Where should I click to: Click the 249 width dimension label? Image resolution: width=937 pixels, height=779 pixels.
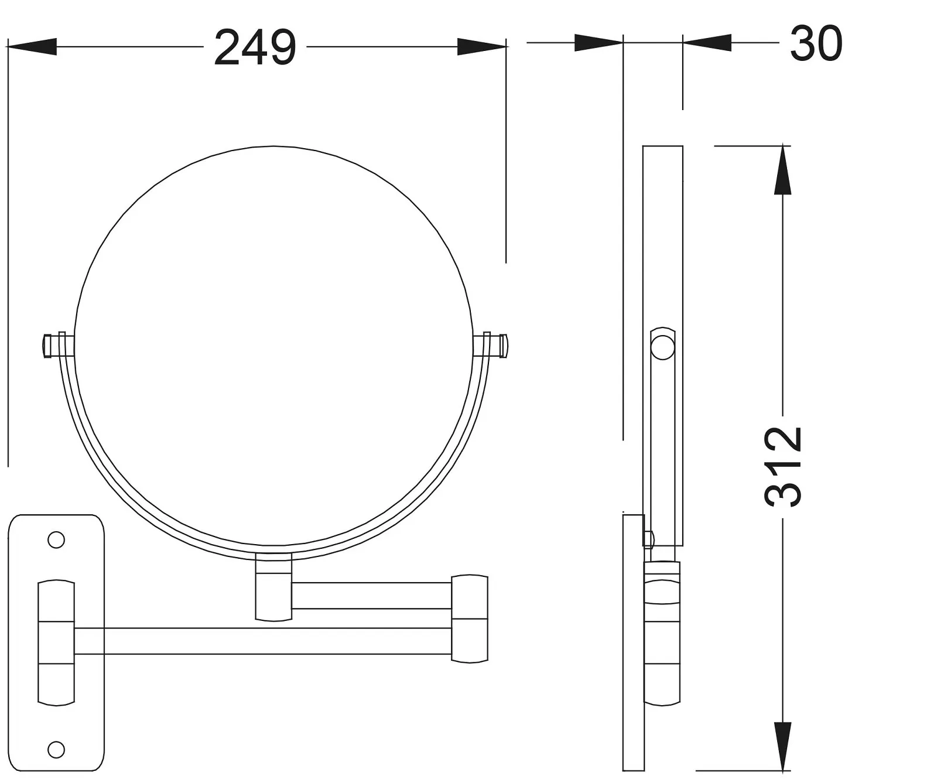click(255, 47)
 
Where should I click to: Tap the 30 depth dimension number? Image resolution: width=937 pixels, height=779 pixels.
click(816, 43)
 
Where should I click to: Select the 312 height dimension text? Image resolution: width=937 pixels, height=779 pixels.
click(783, 466)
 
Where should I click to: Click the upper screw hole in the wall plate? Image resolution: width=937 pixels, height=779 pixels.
click(56, 539)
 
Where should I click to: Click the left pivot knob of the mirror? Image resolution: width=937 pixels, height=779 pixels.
click(56, 346)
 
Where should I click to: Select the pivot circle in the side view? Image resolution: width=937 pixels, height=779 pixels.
click(662, 347)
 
